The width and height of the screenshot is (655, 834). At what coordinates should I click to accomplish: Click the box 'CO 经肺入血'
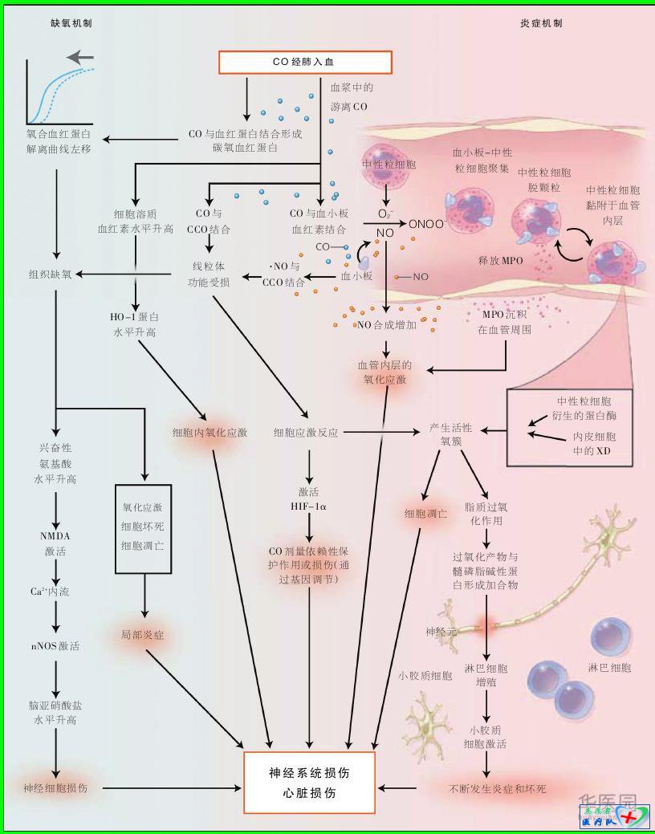305,63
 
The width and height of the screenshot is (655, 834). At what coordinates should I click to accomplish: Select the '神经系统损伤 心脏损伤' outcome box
309,783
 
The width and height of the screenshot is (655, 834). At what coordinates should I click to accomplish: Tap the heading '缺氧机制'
71,23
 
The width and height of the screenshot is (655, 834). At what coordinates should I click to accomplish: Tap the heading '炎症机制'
542,23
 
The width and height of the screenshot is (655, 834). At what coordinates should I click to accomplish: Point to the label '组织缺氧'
50,275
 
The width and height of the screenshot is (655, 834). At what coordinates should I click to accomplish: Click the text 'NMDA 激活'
55,544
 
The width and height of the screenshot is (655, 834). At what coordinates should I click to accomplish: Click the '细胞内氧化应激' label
210,433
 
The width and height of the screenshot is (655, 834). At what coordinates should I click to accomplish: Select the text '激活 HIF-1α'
309,498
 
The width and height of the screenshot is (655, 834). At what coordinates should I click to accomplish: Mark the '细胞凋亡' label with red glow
425,513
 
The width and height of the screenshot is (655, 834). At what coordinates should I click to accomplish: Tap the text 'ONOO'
425,225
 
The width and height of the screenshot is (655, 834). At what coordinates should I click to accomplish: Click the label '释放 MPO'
500,261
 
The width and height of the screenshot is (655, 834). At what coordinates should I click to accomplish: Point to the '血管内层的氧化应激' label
384,372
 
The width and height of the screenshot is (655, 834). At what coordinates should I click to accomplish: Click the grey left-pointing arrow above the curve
80,58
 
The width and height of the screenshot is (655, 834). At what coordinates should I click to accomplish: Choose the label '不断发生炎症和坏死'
497,789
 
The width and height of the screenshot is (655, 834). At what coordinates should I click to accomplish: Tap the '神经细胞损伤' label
55,788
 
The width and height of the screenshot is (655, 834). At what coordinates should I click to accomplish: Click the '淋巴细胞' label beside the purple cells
609,668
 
